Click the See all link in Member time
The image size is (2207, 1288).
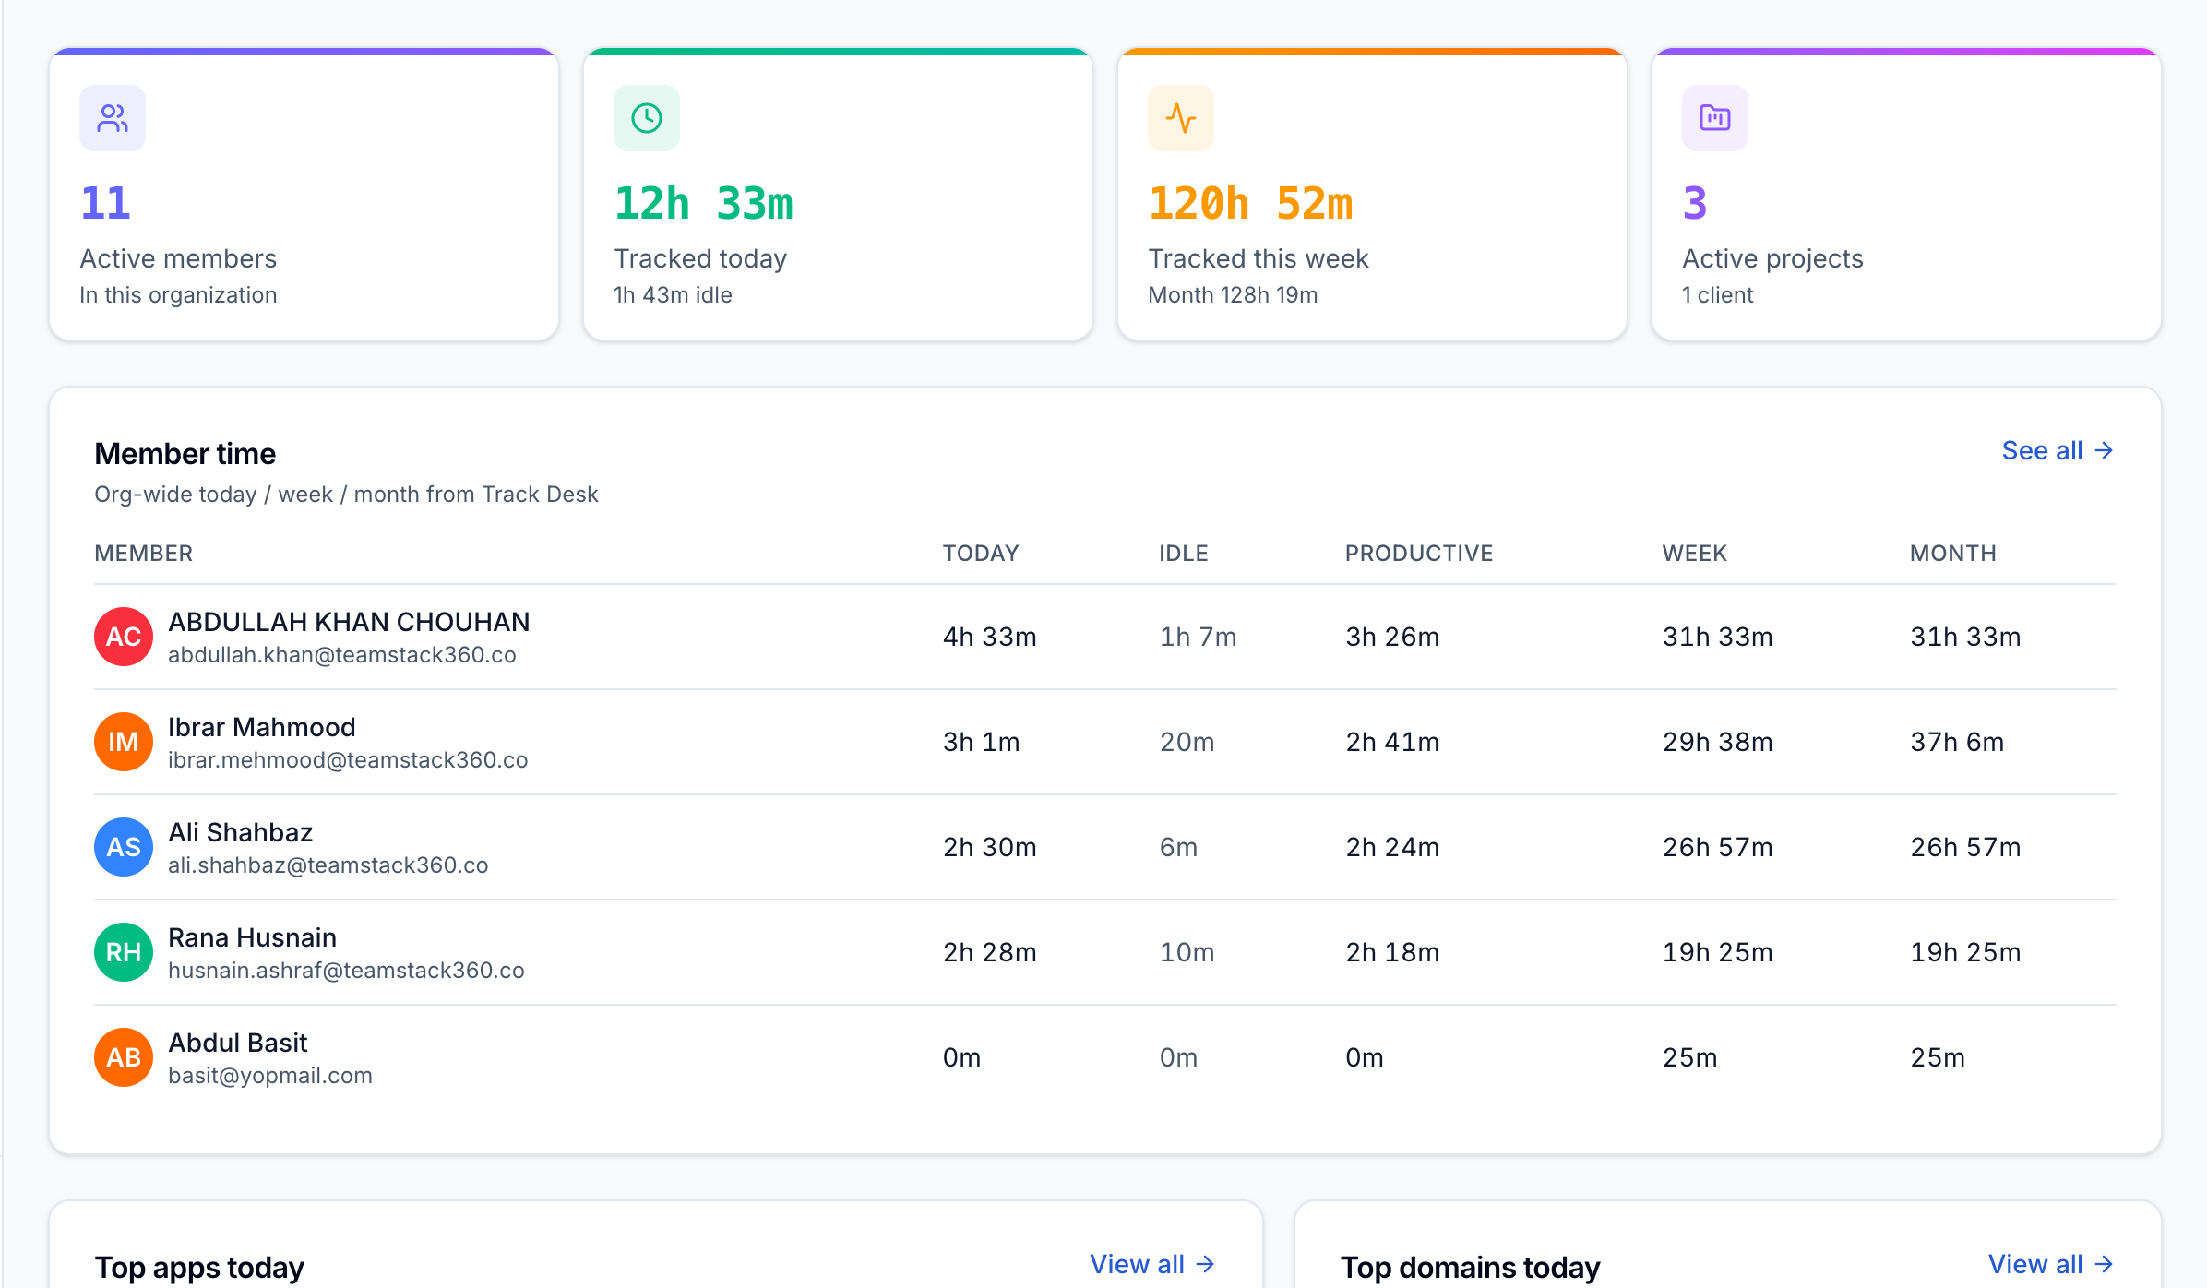pos(2057,450)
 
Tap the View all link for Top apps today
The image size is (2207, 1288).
pos(1151,1264)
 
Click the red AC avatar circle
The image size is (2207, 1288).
pos(124,637)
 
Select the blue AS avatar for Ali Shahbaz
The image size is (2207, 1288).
pos(124,847)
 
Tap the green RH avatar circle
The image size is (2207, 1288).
pos(124,952)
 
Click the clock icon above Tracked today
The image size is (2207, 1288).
pos(647,118)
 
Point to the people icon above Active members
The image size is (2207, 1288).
pos(113,118)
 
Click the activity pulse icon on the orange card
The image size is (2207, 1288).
pos(1181,118)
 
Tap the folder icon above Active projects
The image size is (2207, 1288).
pos(1715,118)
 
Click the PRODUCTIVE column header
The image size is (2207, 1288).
pos(1419,554)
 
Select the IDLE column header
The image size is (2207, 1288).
pos(1184,554)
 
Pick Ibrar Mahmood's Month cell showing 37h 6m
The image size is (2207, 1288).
pos(1957,742)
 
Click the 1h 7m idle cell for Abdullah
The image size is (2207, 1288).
pos(1198,637)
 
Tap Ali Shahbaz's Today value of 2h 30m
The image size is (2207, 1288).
pos(990,847)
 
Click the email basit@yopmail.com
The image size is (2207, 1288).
pos(270,1076)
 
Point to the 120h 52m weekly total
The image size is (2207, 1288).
pos(1250,204)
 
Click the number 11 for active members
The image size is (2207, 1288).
pos(105,204)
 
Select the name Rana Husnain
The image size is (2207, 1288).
pos(252,937)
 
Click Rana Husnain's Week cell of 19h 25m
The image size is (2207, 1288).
pos(1718,952)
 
